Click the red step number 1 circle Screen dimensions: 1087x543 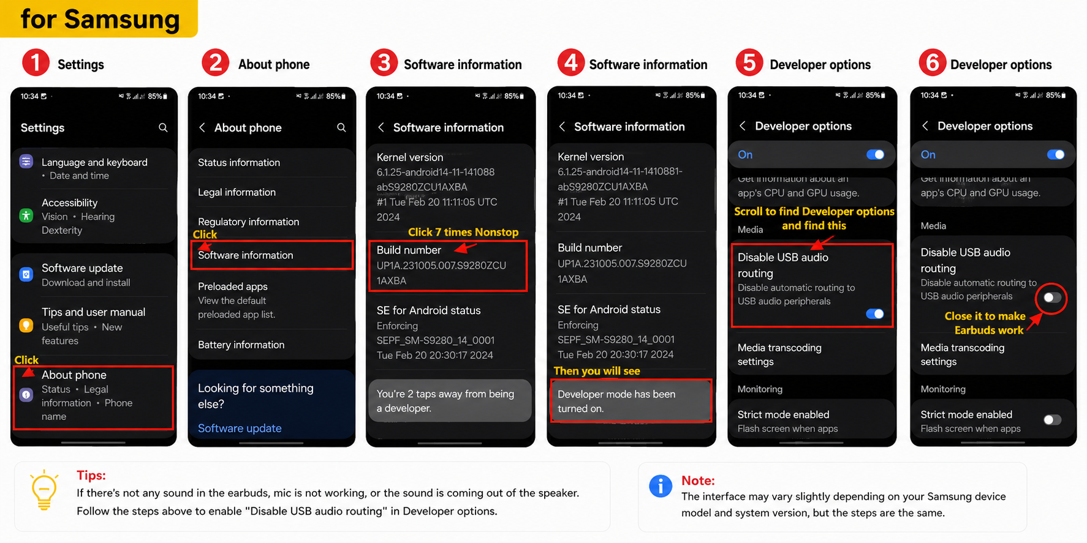(36, 63)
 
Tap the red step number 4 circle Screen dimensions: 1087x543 (570, 62)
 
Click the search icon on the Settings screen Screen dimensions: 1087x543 (163, 127)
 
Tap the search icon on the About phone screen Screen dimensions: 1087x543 (341, 127)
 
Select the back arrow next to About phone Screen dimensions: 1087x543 (202, 127)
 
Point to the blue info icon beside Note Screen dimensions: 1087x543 (661, 486)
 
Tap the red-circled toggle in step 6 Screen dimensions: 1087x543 (1052, 298)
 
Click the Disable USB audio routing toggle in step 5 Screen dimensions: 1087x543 (875, 313)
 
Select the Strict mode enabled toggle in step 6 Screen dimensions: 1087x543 (1052, 419)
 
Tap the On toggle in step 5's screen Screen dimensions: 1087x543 (875, 154)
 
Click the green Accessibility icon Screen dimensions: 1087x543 (26, 215)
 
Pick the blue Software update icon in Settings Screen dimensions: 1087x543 (26, 274)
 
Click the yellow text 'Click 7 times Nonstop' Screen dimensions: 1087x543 (463, 232)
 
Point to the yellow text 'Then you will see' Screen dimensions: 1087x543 (597, 371)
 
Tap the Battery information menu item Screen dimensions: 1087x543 (241, 345)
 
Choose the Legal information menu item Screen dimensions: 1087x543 (237, 192)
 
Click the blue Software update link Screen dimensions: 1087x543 (240, 429)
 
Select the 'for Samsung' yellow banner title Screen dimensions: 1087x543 (100, 19)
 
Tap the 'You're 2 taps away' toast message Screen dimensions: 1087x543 (450, 401)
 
